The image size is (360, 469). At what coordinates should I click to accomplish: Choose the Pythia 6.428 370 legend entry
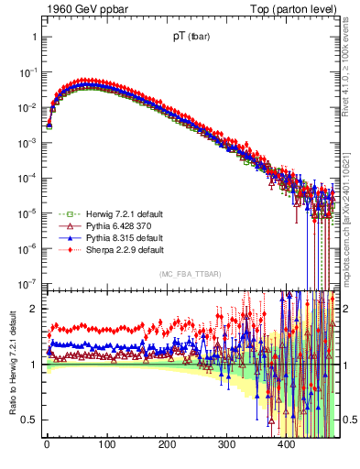[x=99, y=224]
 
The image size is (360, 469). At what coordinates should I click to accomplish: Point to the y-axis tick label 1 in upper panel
[x=33, y=38]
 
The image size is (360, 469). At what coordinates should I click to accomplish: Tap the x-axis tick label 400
[x=286, y=446]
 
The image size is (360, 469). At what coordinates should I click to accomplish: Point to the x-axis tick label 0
[x=47, y=446]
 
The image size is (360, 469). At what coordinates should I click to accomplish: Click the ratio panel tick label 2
[x=33, y=309]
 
